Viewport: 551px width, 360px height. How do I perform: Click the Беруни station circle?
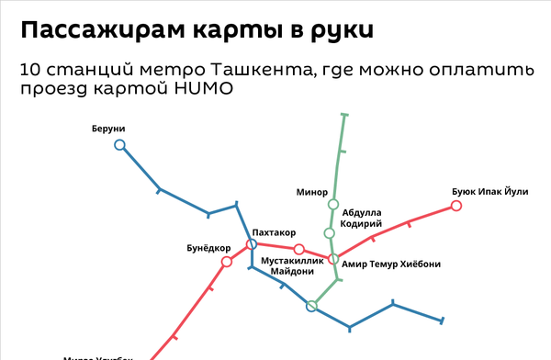point(119,144)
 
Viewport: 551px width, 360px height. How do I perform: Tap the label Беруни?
point(108,128)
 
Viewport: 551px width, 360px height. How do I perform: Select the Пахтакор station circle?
point(252,244)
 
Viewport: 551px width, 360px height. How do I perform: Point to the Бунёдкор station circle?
point(226,263)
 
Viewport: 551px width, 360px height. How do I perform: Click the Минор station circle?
point(333,204)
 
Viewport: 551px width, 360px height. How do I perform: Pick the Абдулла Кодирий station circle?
point(330,232)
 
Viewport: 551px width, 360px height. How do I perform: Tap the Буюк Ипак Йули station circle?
point(456,207)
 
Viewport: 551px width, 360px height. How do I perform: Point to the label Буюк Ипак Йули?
point(490,191)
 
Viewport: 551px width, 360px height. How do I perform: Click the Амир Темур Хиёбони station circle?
point(333,259)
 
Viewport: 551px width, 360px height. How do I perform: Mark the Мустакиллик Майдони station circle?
point(298,249)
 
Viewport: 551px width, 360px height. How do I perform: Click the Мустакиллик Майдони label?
point(293,266)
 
